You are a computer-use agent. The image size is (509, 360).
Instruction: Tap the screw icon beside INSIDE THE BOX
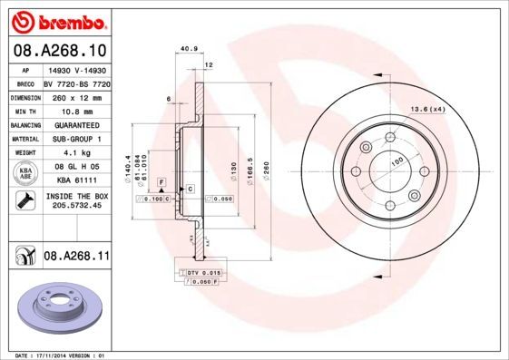pos(26,200)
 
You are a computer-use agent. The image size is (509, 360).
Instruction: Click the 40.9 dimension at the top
pos(189,49)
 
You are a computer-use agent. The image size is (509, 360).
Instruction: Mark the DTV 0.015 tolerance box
pos(201,272)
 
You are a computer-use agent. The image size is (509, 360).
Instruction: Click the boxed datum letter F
pos(161,182)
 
